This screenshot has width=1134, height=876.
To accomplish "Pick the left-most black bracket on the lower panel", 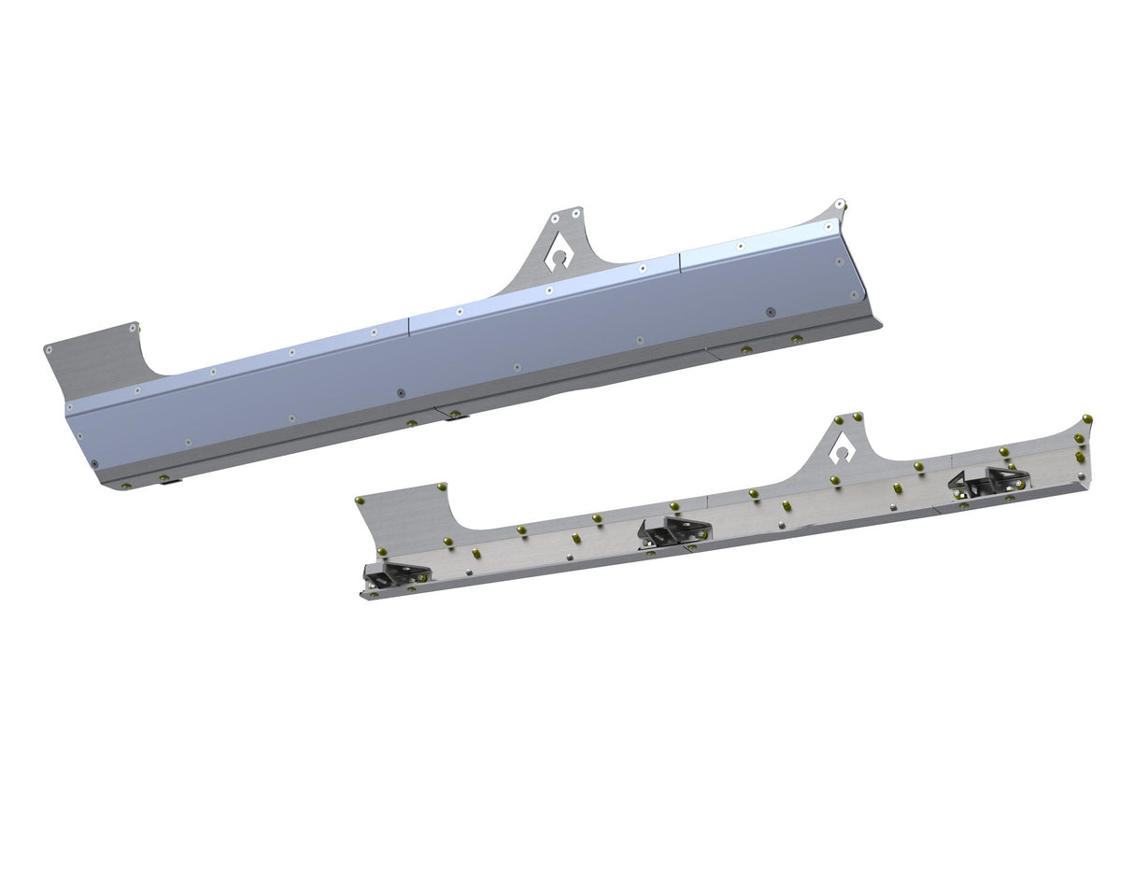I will [395, 575].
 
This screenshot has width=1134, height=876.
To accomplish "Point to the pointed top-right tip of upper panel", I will [840, 203].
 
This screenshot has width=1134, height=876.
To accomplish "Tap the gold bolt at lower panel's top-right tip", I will [1086, 418].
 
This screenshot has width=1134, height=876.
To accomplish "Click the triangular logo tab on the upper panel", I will [560, 245].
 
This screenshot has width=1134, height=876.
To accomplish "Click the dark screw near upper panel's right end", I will [770, 311].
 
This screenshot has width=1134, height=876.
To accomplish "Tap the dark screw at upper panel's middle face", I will [401, 393].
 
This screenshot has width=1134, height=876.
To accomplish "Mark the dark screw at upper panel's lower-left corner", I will [93, 464].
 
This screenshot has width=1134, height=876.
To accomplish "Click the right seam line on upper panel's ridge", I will [680, 261].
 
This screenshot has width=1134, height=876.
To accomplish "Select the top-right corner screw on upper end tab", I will [135, 328].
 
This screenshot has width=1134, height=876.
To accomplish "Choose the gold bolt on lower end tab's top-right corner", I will [442, 487].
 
